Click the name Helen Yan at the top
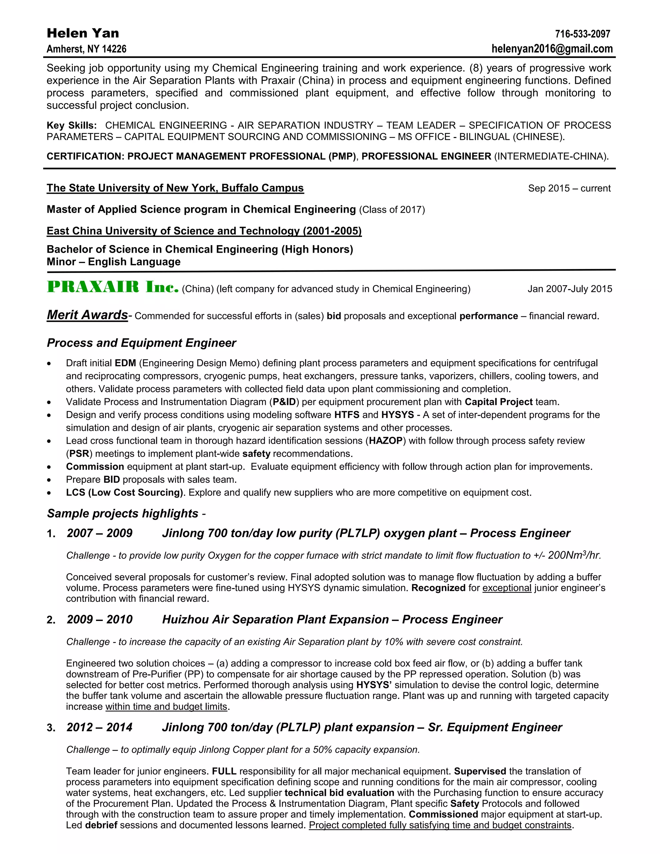point(83,33)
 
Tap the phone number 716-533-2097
point(582,34)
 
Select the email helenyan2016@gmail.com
point(552,49)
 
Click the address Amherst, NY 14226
point(86,49)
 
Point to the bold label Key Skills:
point(72,125)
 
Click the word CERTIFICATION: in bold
point(85,156)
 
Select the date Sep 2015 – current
point(569,189)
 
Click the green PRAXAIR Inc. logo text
point(112,287)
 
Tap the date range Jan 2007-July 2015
point(570,289)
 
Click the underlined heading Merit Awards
point(87,315)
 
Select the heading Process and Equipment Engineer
point(141,343)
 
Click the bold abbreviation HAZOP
point(385,441)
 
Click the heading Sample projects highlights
point(123,513)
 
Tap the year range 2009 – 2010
point(99,619)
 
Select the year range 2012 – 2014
point(99,727)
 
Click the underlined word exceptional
point(507,588)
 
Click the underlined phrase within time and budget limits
point(166,707)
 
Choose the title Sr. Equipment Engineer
point(495,727)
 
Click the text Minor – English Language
point(113,262)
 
